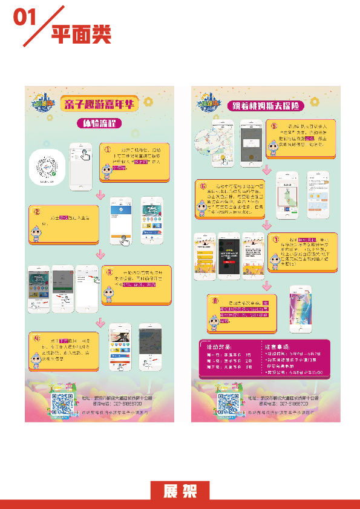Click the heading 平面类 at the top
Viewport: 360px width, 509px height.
(x=81, y=34)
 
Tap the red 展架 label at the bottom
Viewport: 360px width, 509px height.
(x=180, y=491)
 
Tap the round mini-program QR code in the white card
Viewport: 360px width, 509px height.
(x=47, y=165)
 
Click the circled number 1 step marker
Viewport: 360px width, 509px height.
(x=106, y=149)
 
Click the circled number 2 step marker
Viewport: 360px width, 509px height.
(x=36, y=212)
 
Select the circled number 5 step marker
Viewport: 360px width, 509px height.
(x=273, y=126)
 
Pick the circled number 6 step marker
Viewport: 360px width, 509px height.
(x=203, y=186)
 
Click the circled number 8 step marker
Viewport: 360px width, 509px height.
(x=214, y=301)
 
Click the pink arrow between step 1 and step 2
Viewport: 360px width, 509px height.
(x=100, y=195)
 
